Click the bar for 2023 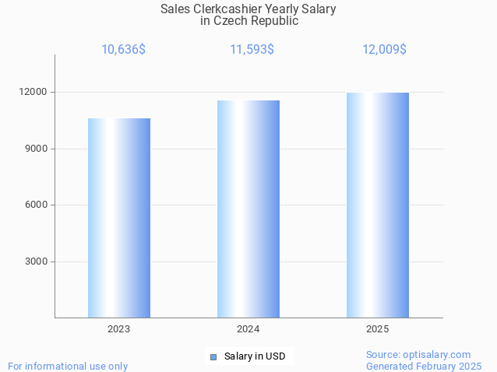click(x=119, y=218)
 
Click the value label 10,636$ click(x=123, y=50)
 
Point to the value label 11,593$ click(x=252, y=50)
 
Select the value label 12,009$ click(x=384, y=50)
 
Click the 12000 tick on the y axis click(x=33, y=92)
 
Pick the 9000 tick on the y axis click(x=36, y=149)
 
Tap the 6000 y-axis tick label click(x=36, y=205)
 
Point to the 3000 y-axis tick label click(x=36, y=261)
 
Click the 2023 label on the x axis click(x=119, y=329)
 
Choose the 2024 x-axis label click(x=248, y=329)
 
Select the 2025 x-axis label click(x=377, y=329)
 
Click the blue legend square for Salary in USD click(x=213, y=356)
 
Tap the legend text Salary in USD click(x=255, y=356)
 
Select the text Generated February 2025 click(x=424, y=366)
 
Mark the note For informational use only click(x=68, y=366)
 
